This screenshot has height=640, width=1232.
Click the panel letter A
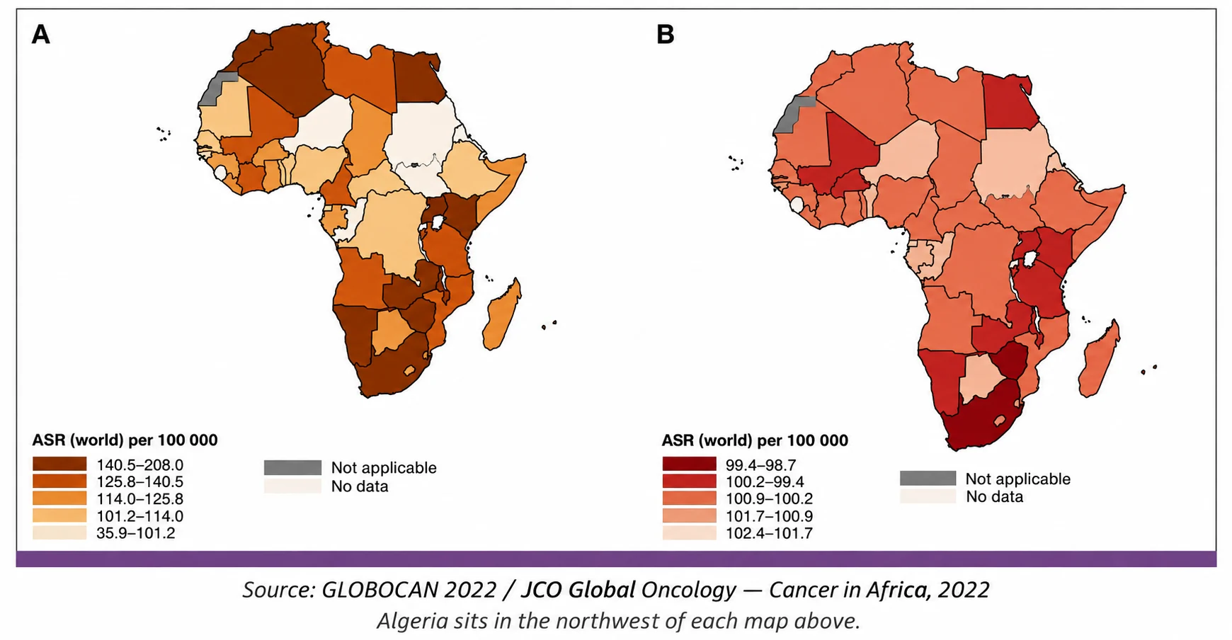[41, 35]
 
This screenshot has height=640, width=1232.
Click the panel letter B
[666, 35]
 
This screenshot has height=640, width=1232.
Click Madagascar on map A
[502, 314]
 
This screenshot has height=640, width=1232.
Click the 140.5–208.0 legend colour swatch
[59, 464]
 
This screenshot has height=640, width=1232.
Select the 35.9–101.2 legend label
[136, 533]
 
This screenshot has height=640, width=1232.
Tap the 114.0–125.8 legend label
[140, 499]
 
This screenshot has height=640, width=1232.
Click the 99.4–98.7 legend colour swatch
[689, 464]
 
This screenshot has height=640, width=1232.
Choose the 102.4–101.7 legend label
[769, 533]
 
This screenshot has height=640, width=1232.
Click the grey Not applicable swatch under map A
[292, 468]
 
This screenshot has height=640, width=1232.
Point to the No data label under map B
[995, 497]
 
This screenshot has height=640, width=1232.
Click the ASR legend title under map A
[125, 440]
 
